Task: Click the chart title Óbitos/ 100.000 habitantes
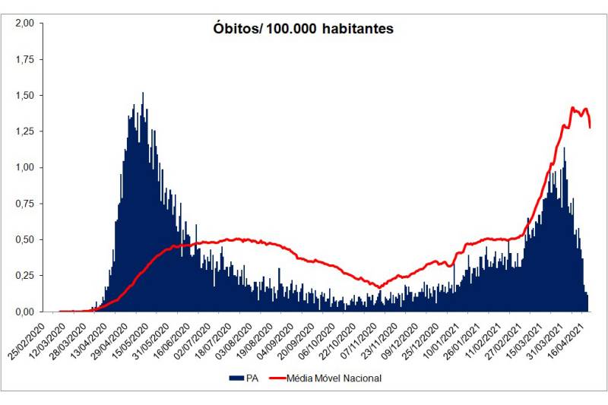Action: (x=303, y=29)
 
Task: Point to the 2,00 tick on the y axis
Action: (x=24, y=24)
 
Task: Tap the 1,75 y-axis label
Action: (x=24, y=59)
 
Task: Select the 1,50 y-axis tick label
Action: (x=24, y=96)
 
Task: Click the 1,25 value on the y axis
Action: (x=24, y=131)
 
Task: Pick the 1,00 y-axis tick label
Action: (x=24, y=167)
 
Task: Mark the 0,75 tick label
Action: (x=24, y=204)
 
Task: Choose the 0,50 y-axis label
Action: (x=24, y=239)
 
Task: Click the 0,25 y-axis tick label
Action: (x=24, y=276)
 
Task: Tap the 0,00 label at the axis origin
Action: (x=24, y=312)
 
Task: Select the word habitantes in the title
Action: (x=357, y=29)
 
